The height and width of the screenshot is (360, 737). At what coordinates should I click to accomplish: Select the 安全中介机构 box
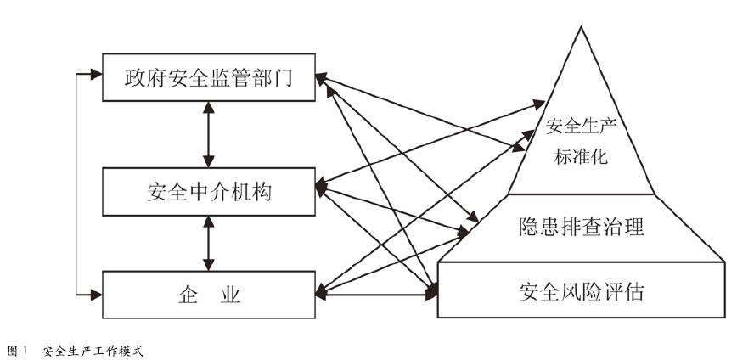coord(209,191)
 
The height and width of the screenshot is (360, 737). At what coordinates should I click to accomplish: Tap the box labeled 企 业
coord(209,295)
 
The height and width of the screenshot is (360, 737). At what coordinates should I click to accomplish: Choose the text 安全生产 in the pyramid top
coord(579,130)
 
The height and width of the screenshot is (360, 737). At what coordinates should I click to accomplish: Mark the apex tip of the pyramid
coord(582,29)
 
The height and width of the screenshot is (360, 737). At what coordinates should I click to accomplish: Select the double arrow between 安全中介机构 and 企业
coord(209,243)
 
